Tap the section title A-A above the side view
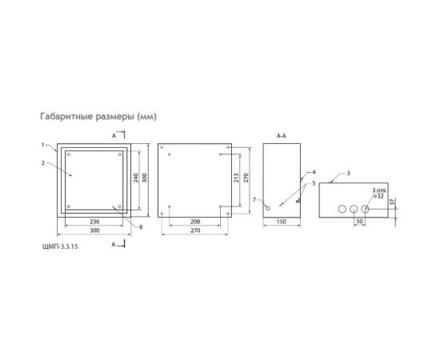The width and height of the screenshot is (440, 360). click(281, 137)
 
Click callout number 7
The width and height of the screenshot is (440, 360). click(254, 198)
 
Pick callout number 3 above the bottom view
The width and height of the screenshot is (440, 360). click(348, 172)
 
